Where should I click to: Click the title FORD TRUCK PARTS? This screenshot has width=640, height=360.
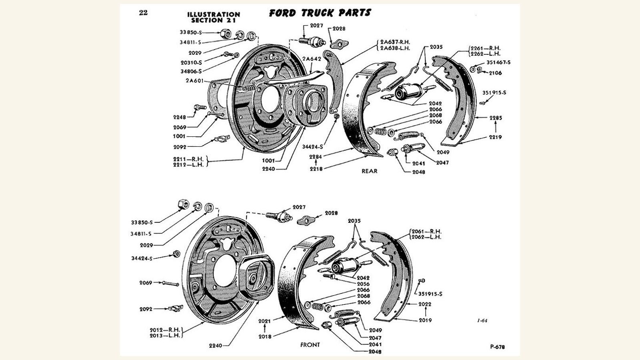(x=320, y=13)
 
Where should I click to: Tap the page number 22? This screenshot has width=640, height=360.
(x=143, y=13)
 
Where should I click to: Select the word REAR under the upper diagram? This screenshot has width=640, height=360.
(x=369, y=171)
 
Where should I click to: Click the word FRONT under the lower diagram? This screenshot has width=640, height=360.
(x=310, y=344)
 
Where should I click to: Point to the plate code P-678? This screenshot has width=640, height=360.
(x=497, y=347)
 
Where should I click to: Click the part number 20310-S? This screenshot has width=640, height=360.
(x=191, y=62)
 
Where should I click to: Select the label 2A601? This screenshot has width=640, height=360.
(x=194, y=81)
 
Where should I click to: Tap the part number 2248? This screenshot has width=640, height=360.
(x=180, y=117)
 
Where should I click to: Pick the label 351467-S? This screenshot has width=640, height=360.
(x=498, y=62)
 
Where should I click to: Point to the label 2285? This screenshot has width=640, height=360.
(x=495, y=118)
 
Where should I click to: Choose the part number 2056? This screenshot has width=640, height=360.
(x=363, y=284)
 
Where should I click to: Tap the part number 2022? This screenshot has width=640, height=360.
(x=425, y=304)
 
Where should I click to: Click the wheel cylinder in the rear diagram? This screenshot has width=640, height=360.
(x=405, y=92)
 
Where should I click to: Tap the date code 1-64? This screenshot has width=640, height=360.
(x=482, y=320)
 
